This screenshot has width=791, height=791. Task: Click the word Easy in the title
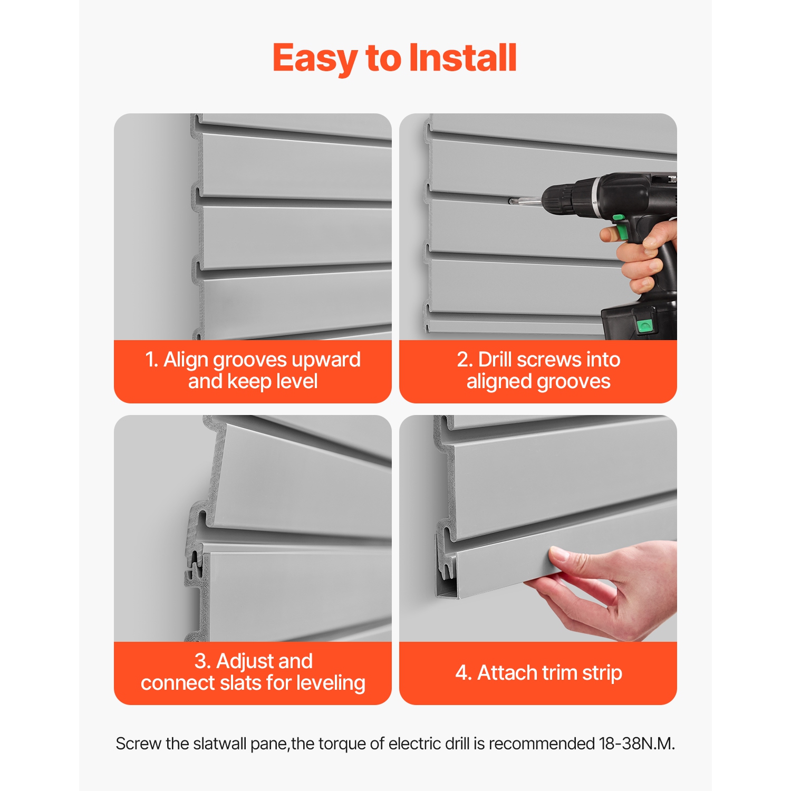(x=315, y=59)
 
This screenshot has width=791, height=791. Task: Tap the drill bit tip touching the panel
(x=510, y=201)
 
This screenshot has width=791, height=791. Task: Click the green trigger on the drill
(x=622, y=230)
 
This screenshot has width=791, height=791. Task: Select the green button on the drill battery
(x=644, y=325)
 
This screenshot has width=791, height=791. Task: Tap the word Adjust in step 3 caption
(x=264, y=661)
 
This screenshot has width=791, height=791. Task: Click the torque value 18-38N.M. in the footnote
(x=636, y=744)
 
